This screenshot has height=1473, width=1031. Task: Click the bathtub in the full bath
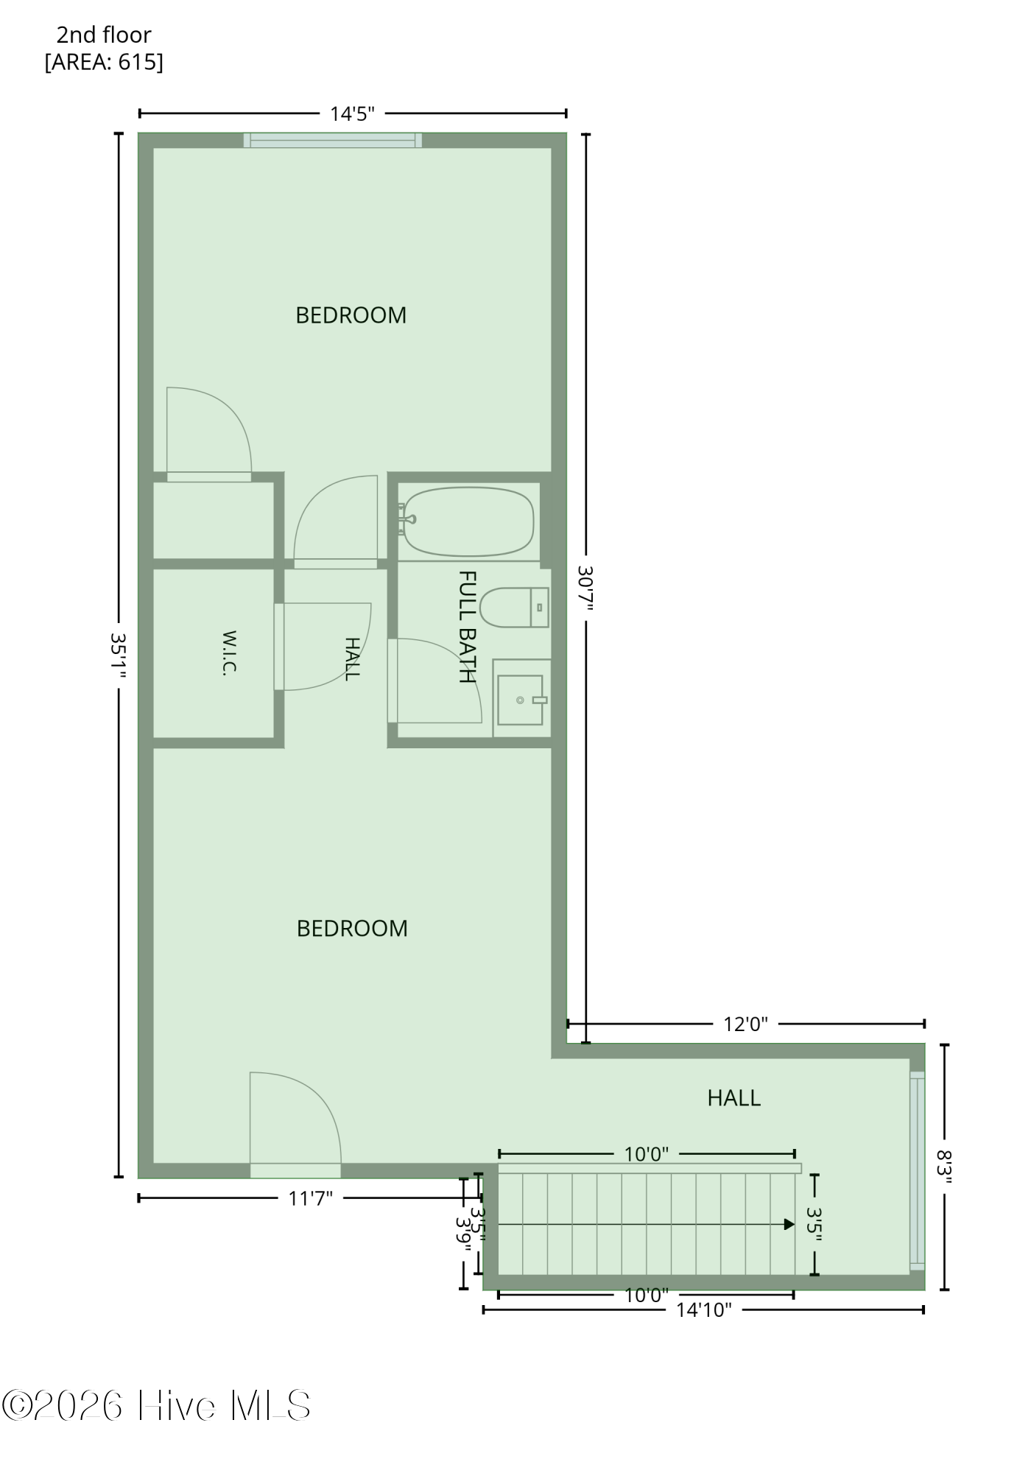(468, 521)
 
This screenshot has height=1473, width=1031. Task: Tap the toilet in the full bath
(515, 608)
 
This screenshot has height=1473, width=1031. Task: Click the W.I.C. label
(229, 653)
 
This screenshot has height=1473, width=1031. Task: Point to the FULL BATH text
(467, 627)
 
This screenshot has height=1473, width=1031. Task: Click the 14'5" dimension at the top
(352, 114)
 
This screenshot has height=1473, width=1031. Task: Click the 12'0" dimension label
(745, 1024)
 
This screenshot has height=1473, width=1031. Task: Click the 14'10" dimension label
(704, 1309)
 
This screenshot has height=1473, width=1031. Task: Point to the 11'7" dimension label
(310, 1198)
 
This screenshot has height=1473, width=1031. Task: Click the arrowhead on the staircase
(789, 1225)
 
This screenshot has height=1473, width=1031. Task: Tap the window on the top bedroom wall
(333, 140)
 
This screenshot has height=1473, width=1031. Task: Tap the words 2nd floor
(104, 35)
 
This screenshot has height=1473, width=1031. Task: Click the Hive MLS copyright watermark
(156, 1406)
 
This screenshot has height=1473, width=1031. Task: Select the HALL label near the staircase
(733, 1098)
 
